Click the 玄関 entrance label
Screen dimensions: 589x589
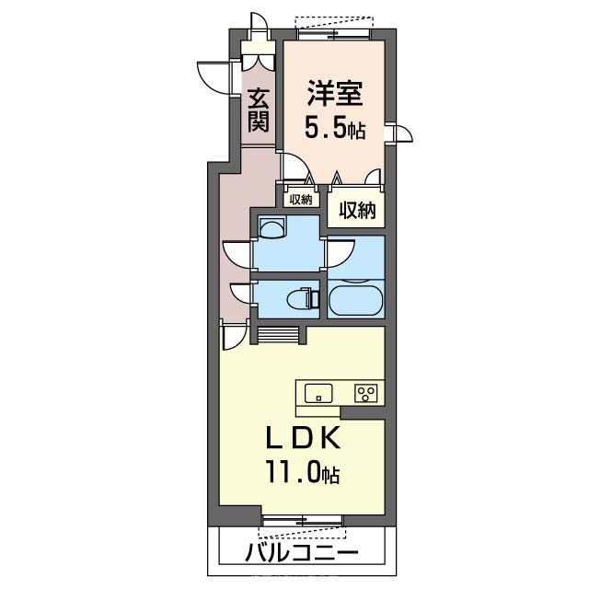pos(258,109)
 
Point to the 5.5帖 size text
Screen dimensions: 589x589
pos(335,129)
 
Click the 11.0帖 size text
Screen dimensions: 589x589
pos(305,474)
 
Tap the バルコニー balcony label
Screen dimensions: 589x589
pos(302,555)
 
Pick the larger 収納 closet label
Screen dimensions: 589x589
pos(357,210)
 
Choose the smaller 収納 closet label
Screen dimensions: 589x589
pos(300,199)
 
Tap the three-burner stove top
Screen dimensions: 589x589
pos(365,393)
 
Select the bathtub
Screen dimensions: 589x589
pos(354,300)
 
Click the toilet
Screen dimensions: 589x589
pos(301,298)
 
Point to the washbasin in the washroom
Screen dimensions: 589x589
pos(273,227)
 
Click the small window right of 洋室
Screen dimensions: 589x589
pos(398,133)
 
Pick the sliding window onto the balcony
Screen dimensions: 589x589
pos(304,523)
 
